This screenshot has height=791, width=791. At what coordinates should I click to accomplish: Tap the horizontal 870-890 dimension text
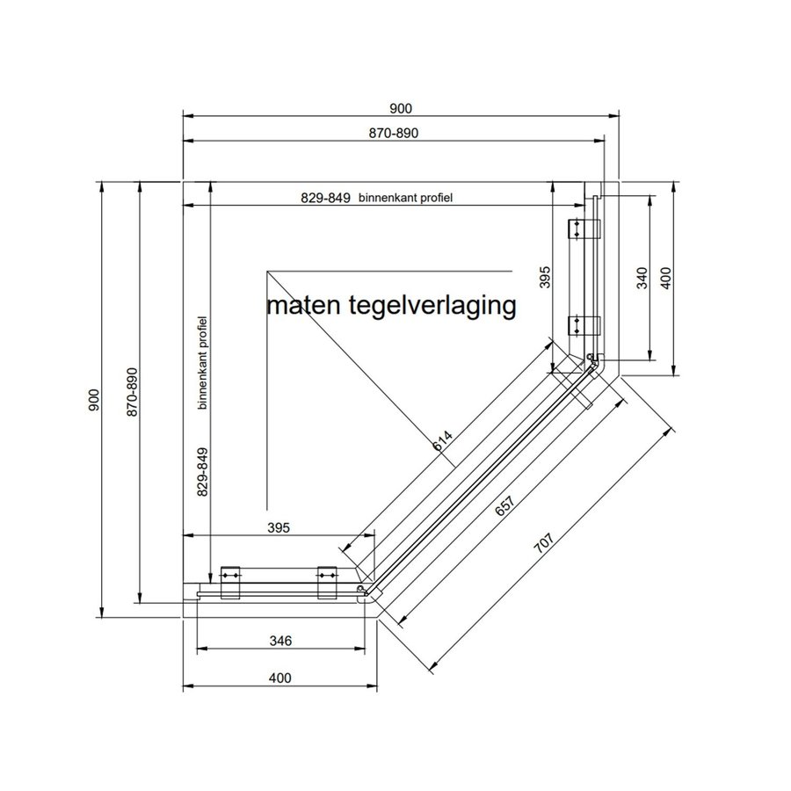point(392,134)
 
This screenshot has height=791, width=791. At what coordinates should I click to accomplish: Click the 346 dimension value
point(279,640)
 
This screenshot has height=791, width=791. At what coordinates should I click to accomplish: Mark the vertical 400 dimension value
point(665,279)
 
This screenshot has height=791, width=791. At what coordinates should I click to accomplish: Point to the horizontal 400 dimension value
point(279,679)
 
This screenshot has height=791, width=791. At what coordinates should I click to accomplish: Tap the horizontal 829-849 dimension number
point(326,199)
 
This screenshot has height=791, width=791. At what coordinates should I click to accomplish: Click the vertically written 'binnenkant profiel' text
point(202,364)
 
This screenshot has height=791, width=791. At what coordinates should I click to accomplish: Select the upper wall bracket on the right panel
point(581,229)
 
